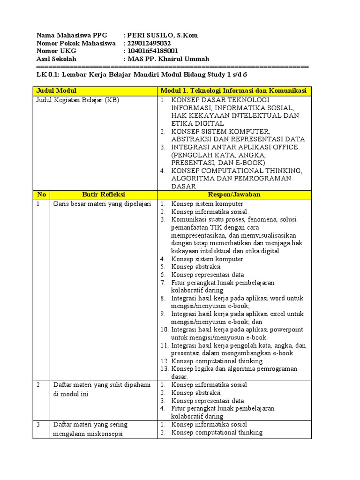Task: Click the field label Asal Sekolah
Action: (56, 59)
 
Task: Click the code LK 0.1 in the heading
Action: (47, 74)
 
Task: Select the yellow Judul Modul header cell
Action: (95, 90)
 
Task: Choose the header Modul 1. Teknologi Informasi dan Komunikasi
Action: (234, 90)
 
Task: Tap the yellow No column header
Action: (41, 194)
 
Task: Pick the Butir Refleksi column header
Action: (104, 194)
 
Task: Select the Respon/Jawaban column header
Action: (234, 194)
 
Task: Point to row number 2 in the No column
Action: (38, 385)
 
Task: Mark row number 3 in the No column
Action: (38, 425)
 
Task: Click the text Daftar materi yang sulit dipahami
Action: (101, 385)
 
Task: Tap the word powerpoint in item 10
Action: (286, 330)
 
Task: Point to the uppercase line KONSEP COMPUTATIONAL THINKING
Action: (237, 171)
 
